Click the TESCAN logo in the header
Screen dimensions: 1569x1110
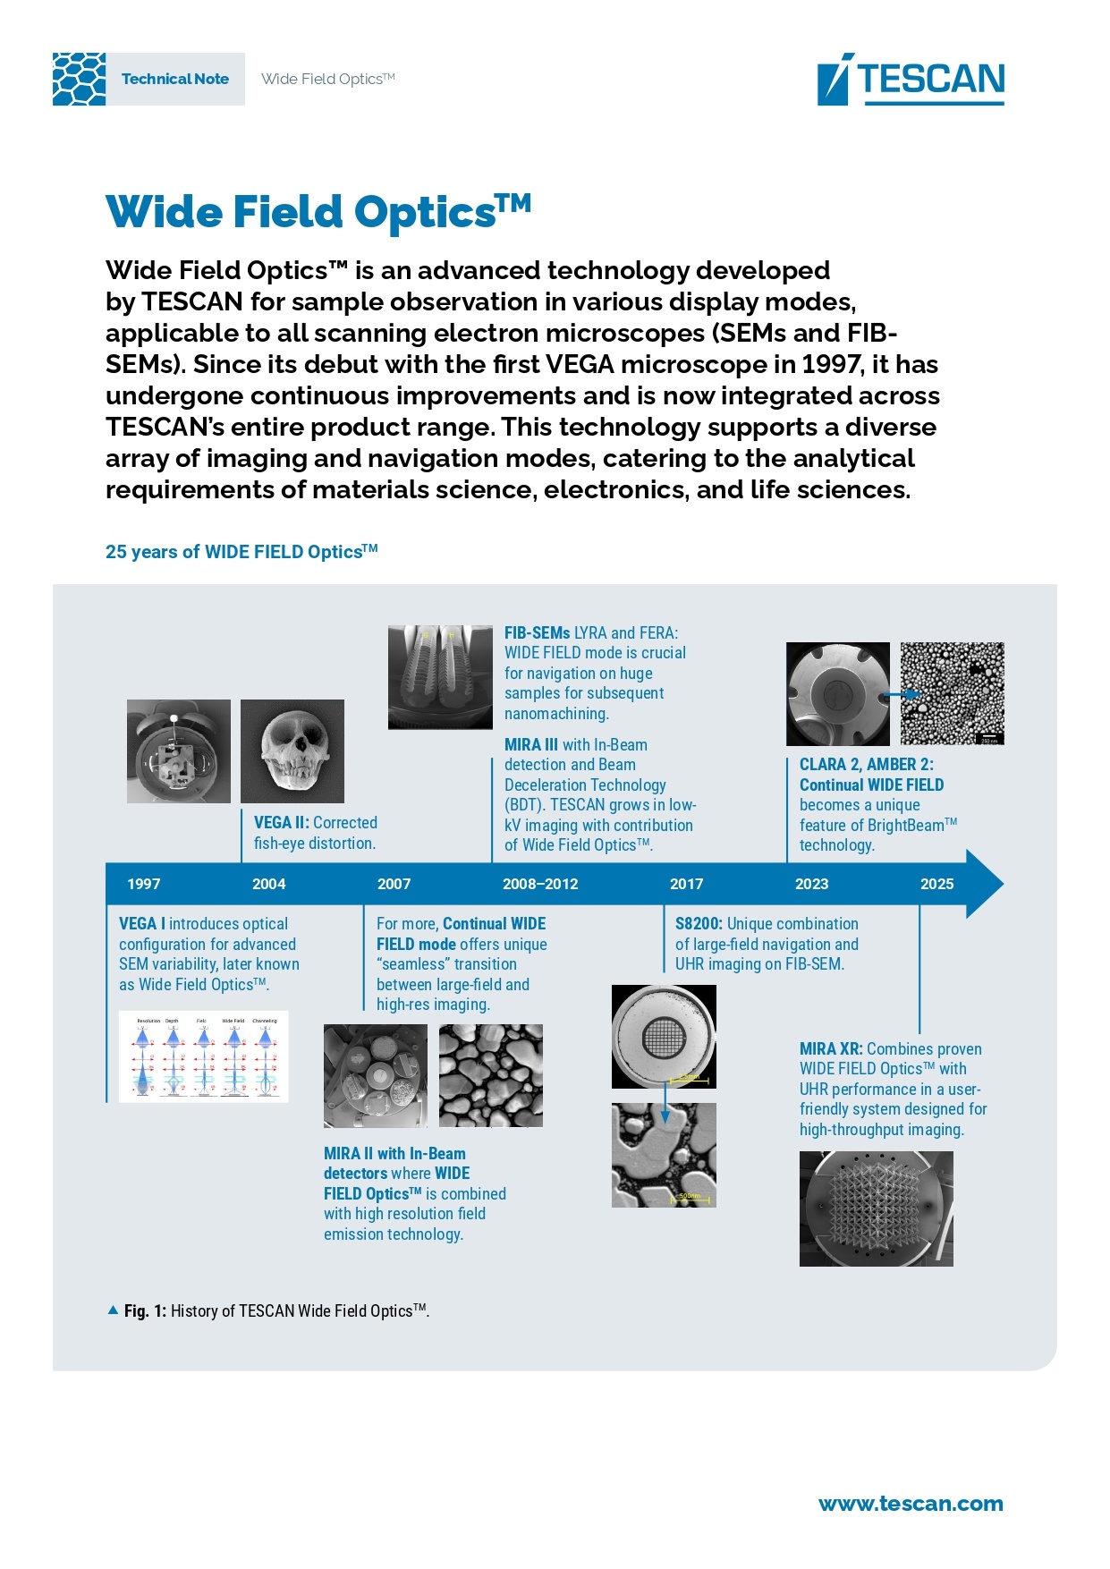coord(911,80)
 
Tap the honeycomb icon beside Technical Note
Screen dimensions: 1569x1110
coord(79,79)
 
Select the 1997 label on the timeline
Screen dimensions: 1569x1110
coord(143,884)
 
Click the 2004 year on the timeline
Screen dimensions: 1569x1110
coord(268,884)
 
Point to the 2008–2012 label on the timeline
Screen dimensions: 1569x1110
coord(540,884)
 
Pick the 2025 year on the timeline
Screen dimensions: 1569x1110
coord(936,884)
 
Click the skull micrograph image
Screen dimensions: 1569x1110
coord(292,751)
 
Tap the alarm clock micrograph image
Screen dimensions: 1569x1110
coord(179,751)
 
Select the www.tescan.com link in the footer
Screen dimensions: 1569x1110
coord(911,1504)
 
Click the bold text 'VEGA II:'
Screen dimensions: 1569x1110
coord(282,823)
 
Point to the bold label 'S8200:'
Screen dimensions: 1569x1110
coord(699,924)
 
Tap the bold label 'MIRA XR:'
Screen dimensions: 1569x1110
coord(831,1049)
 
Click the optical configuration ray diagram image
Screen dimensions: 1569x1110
coord(203,1056)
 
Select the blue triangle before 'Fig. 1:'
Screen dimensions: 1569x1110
coord(113,1310)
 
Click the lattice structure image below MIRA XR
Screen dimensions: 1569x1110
coord(876,1209)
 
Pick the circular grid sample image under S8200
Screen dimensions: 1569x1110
coord(664,1037)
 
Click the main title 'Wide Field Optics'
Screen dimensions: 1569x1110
coord(318,213)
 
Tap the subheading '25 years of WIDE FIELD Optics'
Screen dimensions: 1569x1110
coord(241,552)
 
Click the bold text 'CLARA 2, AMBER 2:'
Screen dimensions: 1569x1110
coord(866,765)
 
